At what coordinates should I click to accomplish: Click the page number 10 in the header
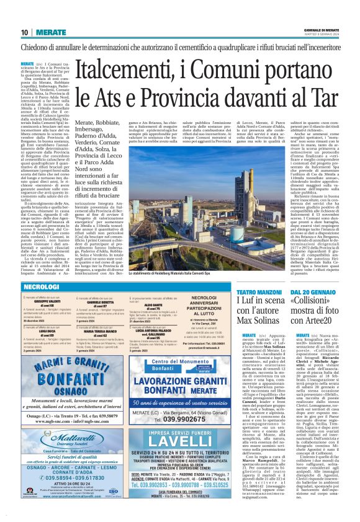pos(24,32)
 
